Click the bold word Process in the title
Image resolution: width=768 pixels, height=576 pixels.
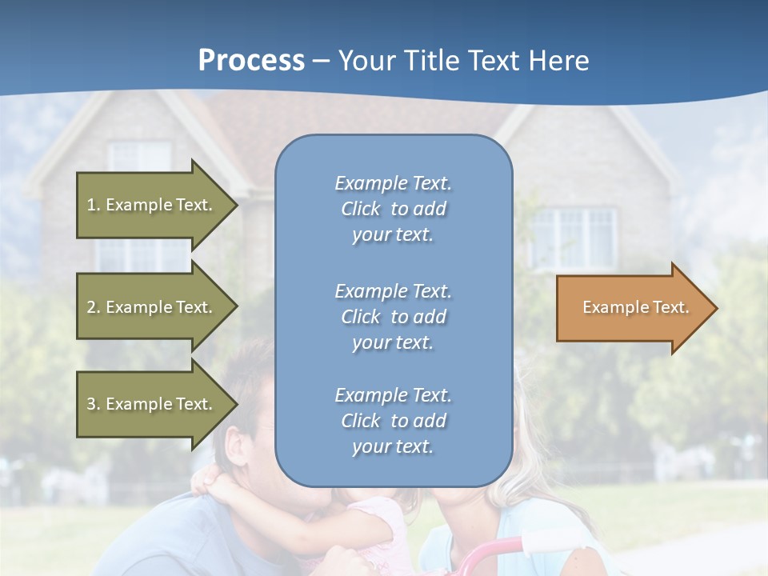click(251, 61)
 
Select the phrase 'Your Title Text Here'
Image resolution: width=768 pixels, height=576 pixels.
click(463, 61)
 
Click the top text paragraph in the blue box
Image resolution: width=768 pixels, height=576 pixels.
click(393, 209)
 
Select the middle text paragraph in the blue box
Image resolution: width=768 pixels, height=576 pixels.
click(393, 317)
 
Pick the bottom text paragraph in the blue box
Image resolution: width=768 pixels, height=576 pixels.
click(393, 421)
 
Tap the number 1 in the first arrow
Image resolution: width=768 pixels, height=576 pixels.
click(91, 205)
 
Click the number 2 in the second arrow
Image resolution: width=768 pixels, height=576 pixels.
click(91, 307)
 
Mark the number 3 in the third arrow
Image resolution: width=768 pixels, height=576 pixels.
click(91, 404)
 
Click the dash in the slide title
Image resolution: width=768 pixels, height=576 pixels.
click(322, 62)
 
